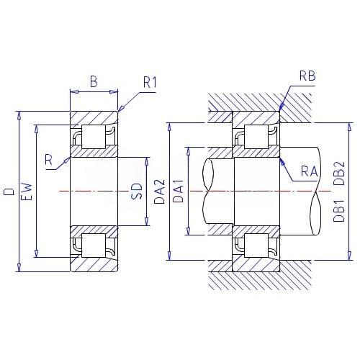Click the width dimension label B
coord(94,81)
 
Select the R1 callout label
coord(150,82)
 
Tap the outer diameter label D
coord(9,192)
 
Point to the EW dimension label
coord(27,192)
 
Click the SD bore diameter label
coord(137,192)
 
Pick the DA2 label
coord(159,192)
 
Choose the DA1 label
coord(178,191)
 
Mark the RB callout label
coord(307,76)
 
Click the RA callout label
coord(310,171)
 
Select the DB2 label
coord(339,174)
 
